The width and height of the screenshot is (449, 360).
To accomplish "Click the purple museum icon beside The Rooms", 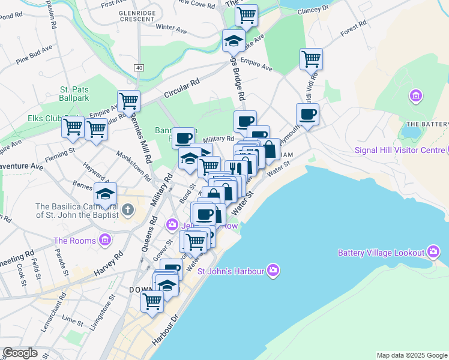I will click(x=105, y=241).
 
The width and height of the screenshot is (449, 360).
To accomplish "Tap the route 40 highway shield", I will click(x=139, y=68).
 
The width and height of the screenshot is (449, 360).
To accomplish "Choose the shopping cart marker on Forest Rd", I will click(x=312, y=59).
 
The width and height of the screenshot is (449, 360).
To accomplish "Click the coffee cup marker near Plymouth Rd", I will click(x=307, y=115).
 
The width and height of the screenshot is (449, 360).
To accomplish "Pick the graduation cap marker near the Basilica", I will click(x=105, y=194).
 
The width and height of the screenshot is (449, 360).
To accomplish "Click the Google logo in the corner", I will click(x=20, y=353).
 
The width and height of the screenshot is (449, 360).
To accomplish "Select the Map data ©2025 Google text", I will click(x=411, y=355).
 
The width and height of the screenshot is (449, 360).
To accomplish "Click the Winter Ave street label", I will click(x=171, y=27).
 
